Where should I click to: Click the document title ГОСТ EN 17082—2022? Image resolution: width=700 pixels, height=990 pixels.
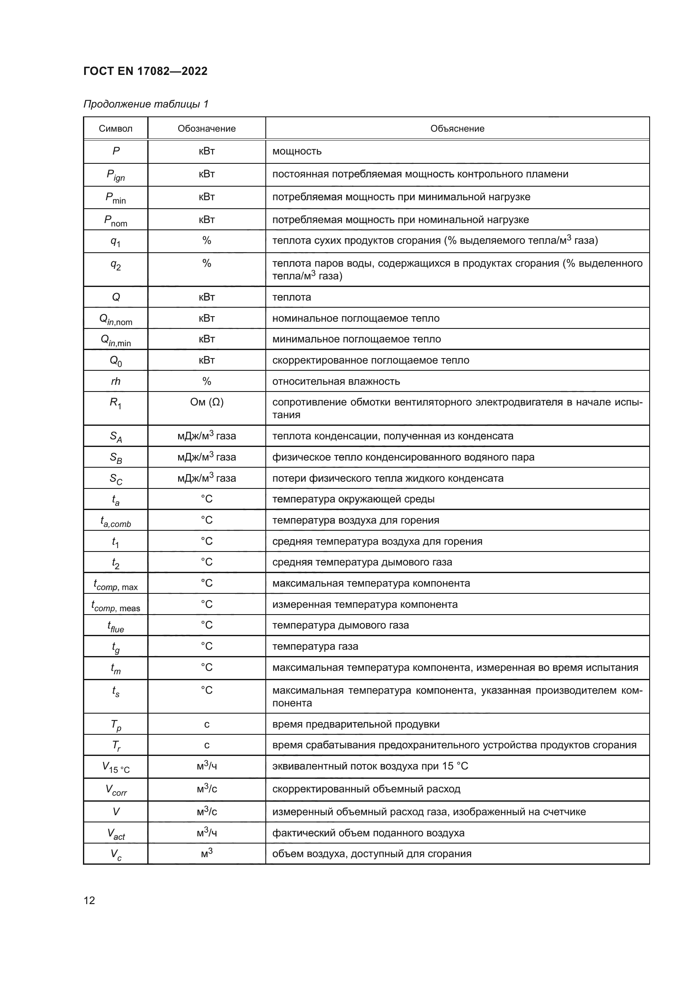pyautogui.click(x=145, y=71)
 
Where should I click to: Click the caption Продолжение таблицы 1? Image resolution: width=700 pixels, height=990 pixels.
pyautogui.click(x=146, y=104)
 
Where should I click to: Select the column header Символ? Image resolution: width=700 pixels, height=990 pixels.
pyautogui.click(x=116, y=129)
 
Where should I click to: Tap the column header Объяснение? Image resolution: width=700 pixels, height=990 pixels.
pyautogui.click(x=457, y=129)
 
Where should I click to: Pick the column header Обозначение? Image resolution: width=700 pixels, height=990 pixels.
pyautogui.click(x=207, y=129)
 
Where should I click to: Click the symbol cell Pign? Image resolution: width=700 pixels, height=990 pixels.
pyautogui.click(x=116, y=175)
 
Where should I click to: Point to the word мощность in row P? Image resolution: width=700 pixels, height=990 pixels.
pyautogui.click(x=297, y=152)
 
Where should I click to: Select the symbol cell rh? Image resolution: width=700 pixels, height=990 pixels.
pyautogui.click(x=116, y=381)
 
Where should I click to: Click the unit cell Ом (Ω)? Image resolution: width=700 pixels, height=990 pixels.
pyautogui.click(x=207, y=402)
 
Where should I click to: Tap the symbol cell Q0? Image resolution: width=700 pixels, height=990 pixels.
pyautogui.click(x=116, y=361)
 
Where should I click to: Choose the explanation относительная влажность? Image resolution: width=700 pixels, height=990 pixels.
pyautogui.click(x=336, y=381)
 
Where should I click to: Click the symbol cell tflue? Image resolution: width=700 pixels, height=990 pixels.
pyautogui.click(x=116, y=626)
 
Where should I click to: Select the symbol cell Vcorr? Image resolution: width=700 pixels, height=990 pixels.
pyautogui.click(x=116, y=790)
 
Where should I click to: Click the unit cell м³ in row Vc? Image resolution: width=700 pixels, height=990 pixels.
pyautogui.click(x=207, y=853)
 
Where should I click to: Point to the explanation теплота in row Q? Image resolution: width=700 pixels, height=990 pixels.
pyautogui.click(x=291, y=297)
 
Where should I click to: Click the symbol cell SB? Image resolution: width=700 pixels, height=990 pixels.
pyautogui.click(x=116, y=458)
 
